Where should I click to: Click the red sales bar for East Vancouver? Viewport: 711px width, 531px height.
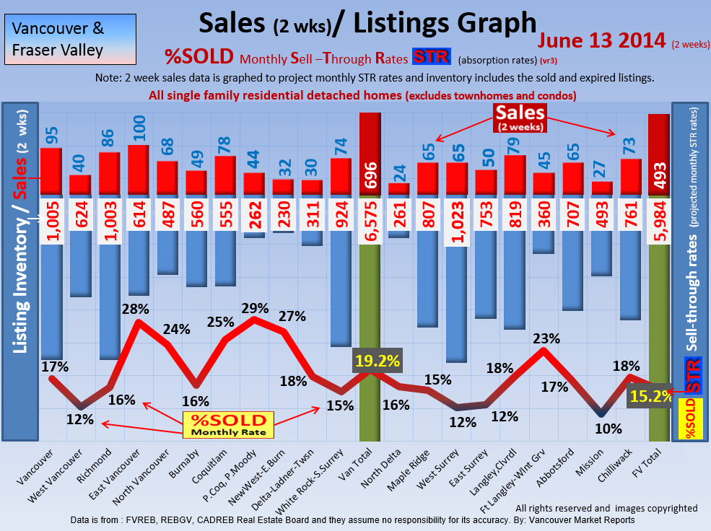point(138,170)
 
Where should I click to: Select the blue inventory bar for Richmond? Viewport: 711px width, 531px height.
point(109,303)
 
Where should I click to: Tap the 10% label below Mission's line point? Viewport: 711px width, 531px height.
point(607,429)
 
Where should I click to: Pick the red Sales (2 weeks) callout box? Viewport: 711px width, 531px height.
point(520,117)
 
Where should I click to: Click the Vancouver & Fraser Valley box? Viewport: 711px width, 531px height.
point(69,40)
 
